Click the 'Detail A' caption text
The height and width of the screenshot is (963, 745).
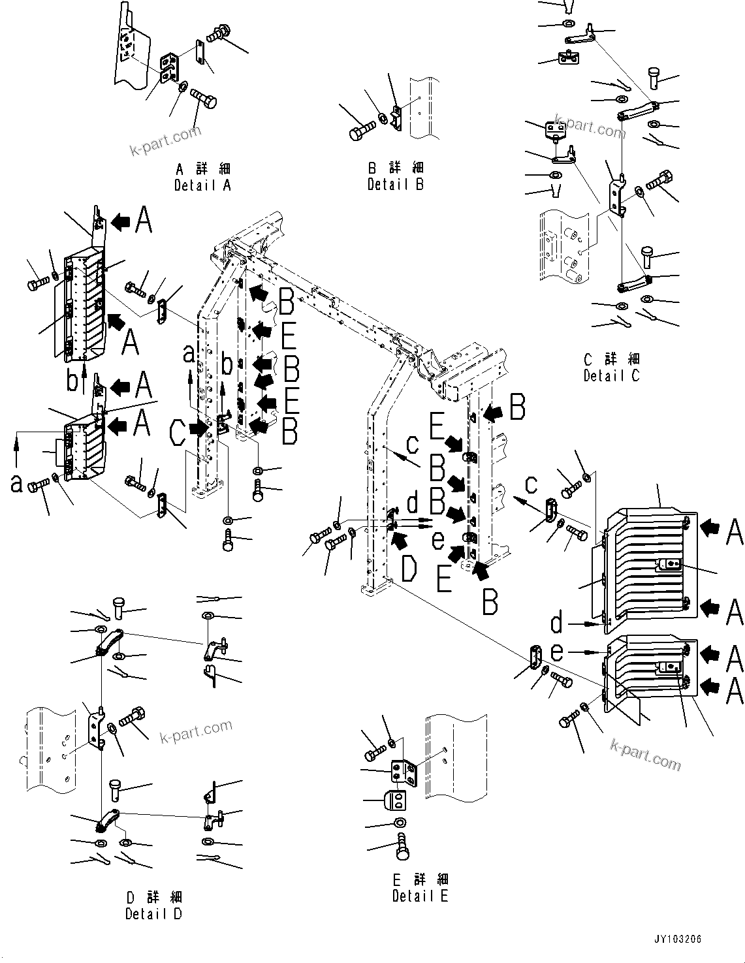202,185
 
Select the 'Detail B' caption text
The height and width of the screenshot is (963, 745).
395,185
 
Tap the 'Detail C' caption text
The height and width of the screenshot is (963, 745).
611,376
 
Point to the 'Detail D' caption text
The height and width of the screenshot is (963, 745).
153,914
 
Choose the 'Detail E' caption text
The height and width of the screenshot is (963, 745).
420,896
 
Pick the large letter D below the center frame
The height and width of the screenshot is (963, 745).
409,569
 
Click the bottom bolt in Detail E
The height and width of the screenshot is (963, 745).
403,849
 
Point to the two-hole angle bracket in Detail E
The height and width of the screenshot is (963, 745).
403,772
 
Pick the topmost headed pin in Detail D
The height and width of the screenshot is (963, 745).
120,607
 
